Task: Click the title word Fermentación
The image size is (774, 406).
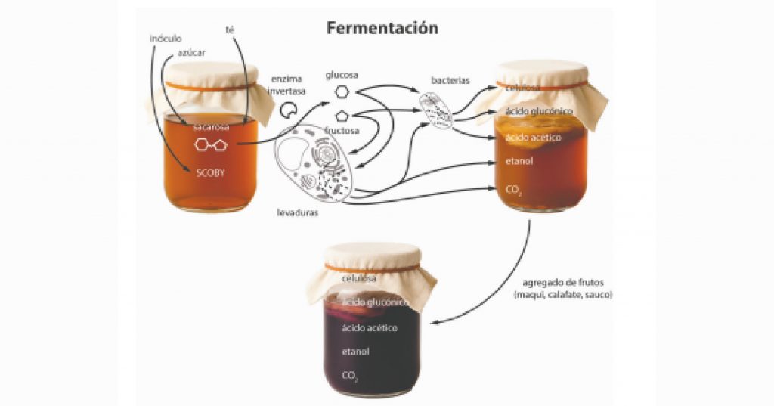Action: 382,28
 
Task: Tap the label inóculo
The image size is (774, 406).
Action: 166,39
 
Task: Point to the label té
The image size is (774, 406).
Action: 230,29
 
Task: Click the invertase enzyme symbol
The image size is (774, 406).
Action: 288,110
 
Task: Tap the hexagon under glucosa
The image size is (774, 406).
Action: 342,91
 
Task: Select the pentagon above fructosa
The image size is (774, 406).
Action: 342,116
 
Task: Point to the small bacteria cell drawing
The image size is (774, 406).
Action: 437,110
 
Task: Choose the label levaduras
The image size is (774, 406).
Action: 297,213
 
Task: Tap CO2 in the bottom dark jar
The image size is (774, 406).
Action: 350,375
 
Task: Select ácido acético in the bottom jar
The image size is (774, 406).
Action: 370,327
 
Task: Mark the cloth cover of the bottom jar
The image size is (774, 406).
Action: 370,265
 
